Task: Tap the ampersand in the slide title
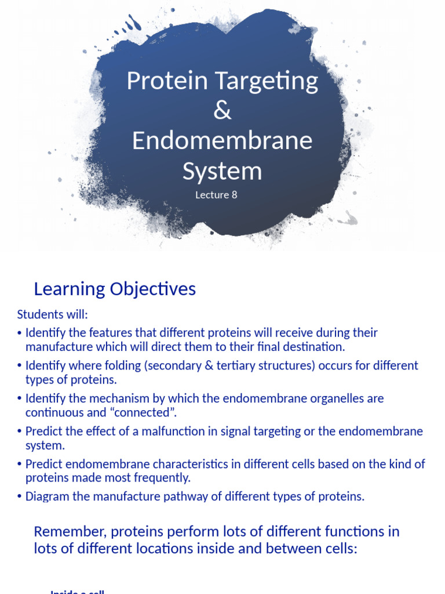(222, 110)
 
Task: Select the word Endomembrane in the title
(222, 141)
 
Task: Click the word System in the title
(222, 171)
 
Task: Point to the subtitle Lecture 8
(216, 195)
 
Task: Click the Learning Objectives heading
(115, 289)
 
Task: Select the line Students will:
(52, 314)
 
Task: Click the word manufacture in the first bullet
(56, 347)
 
